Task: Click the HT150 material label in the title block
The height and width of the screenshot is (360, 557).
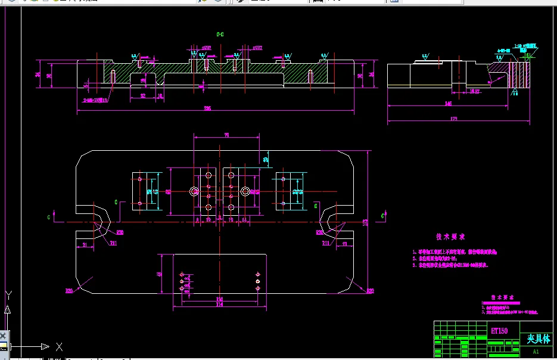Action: pos(499,330)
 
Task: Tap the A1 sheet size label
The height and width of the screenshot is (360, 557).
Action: pos(536,352)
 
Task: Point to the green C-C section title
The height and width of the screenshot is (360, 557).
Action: pos(220,35)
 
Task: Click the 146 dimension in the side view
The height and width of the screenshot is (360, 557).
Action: pos(448,104)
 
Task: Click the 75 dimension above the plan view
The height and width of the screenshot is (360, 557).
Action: pos(226,136)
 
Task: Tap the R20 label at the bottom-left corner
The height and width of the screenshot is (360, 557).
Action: pos(69,291)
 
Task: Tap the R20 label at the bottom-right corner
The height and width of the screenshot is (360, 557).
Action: pos(369,291)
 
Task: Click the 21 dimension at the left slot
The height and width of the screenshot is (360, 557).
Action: pos(85,245)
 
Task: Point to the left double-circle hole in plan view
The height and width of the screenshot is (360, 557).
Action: pos(194,191)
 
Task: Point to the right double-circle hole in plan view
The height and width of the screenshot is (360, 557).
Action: pos(245,191)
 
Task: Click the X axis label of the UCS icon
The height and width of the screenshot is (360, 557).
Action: pos(58,346)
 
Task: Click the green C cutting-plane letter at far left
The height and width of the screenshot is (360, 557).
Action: pos(49,218)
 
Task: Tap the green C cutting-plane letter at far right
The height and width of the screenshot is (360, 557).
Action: pos(382,215)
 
